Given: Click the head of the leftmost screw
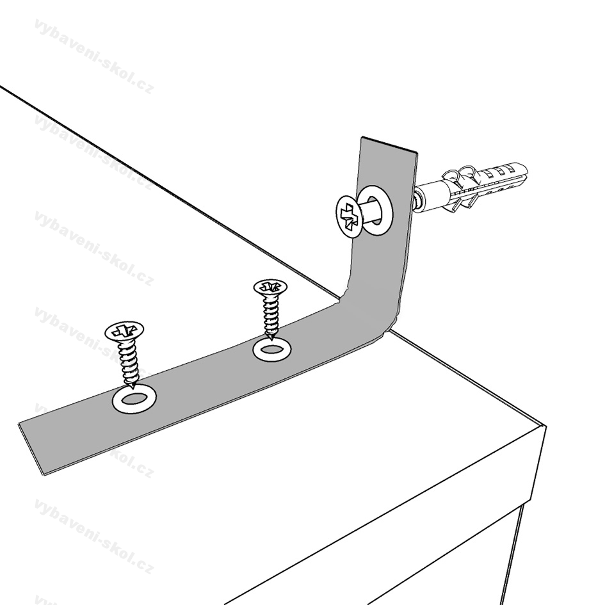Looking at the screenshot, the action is point(124,332).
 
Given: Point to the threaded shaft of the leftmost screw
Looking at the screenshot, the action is point(130,364).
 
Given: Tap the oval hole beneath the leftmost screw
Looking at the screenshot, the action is point(134,399).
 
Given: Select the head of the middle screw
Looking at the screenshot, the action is point(270,287).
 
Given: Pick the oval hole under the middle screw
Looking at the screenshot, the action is point(271,350).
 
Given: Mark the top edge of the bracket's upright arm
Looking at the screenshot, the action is point(389,145).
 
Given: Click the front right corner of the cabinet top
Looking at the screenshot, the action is point(545,426).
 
